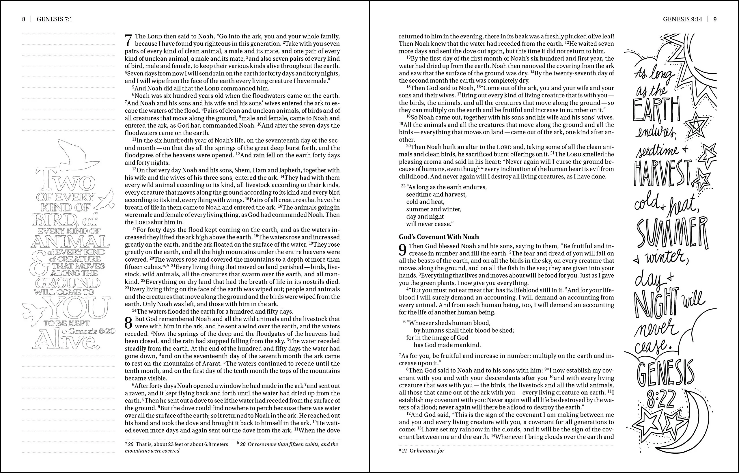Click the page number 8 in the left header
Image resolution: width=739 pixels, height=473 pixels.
[x=24, y=19]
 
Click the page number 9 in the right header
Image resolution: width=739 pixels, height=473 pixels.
[x=715, y=19]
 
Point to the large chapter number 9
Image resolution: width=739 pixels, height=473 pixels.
[x=403, y=250]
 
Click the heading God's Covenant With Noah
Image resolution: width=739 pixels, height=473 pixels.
[x=439, y=237]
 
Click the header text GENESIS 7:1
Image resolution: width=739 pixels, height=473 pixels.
[x=54, y=19]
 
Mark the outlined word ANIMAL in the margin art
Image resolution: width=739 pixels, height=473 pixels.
[x=70, y=241]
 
